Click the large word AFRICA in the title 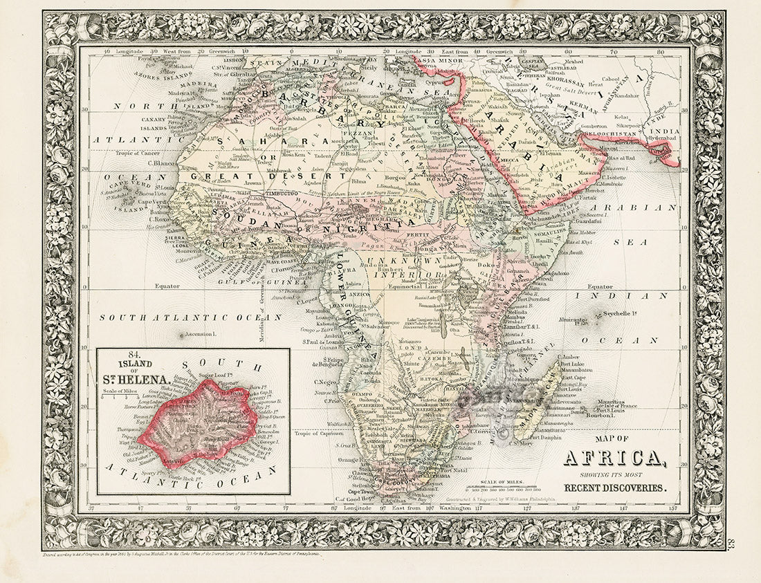click(x=614, y=458)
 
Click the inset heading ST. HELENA click(x=136, y=380)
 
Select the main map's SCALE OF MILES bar click(x=500, y=489)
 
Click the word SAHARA click(x=244, y=140)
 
